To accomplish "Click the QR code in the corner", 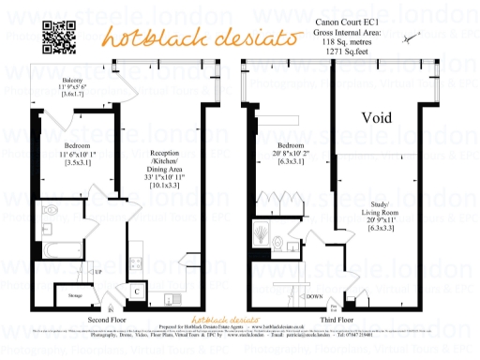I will coord(58,35).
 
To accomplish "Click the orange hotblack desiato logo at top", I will coord(162,38).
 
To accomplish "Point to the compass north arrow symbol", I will coord(410,39).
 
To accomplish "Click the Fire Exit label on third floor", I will coord(332,307).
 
